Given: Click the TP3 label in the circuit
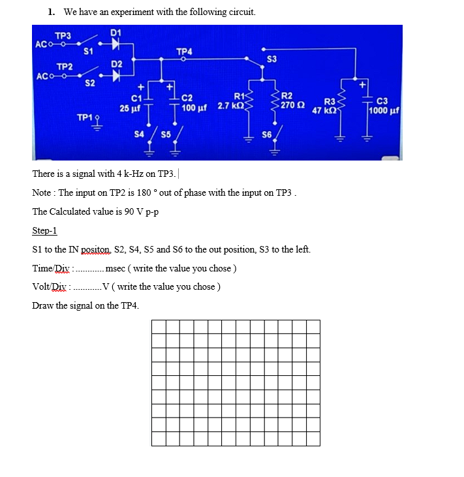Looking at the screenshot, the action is [63, 36].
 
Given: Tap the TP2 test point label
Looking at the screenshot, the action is [65, 67].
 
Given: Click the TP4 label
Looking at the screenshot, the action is [184, 52].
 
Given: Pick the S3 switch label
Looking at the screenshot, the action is [272, 60].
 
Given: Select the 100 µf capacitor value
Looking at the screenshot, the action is [194, 106].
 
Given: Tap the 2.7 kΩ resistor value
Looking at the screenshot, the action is [230, 106].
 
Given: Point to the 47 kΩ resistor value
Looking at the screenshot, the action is [324, 111].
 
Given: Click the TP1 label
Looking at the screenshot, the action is [84, 117].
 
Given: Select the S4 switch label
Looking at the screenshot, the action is [138, 134].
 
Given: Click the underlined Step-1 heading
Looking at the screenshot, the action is [44, 231].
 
